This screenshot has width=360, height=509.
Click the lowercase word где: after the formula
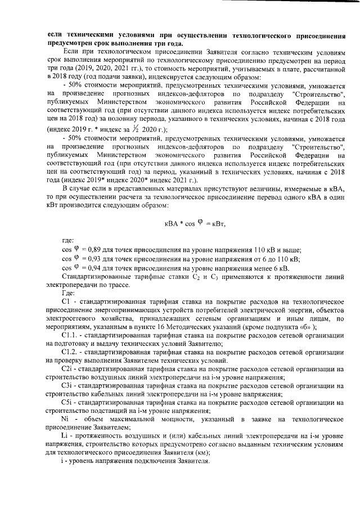(68, 240)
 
